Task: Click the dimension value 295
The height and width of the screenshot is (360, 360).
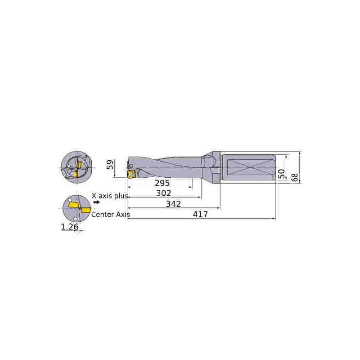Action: tap(162, 183)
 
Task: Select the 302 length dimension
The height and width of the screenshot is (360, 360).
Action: tap(163, 193)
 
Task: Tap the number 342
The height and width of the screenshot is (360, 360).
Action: tap(173, 204)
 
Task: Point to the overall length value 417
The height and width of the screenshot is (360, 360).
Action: tap(200, 214)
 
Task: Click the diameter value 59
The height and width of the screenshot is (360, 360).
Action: tap(110, 165)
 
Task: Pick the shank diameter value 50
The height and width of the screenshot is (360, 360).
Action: tap(282, 174)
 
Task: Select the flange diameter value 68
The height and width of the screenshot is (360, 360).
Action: tap(295, 177)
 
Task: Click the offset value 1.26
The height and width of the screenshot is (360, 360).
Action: tap(70, 227)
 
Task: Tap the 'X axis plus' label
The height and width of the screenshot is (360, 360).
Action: tap(110, 196)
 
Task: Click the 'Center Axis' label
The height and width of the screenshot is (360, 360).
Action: tap(111, 215)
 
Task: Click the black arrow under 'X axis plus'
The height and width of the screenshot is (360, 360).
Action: tap(97, 202)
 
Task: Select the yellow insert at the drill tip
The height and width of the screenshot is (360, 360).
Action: tap(131, 174)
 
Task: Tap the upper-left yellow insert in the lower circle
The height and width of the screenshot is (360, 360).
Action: tap(73, 205)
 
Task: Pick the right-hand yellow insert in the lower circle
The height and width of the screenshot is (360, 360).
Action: tap(85, 210)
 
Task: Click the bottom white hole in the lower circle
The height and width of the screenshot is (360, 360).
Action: tap(75, 219)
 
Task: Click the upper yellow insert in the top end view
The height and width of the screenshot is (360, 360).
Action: tap(79, 165)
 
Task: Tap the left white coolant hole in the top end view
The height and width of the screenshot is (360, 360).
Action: tap(69, 166)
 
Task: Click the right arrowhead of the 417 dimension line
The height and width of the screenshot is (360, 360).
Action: tap(274, 219)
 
